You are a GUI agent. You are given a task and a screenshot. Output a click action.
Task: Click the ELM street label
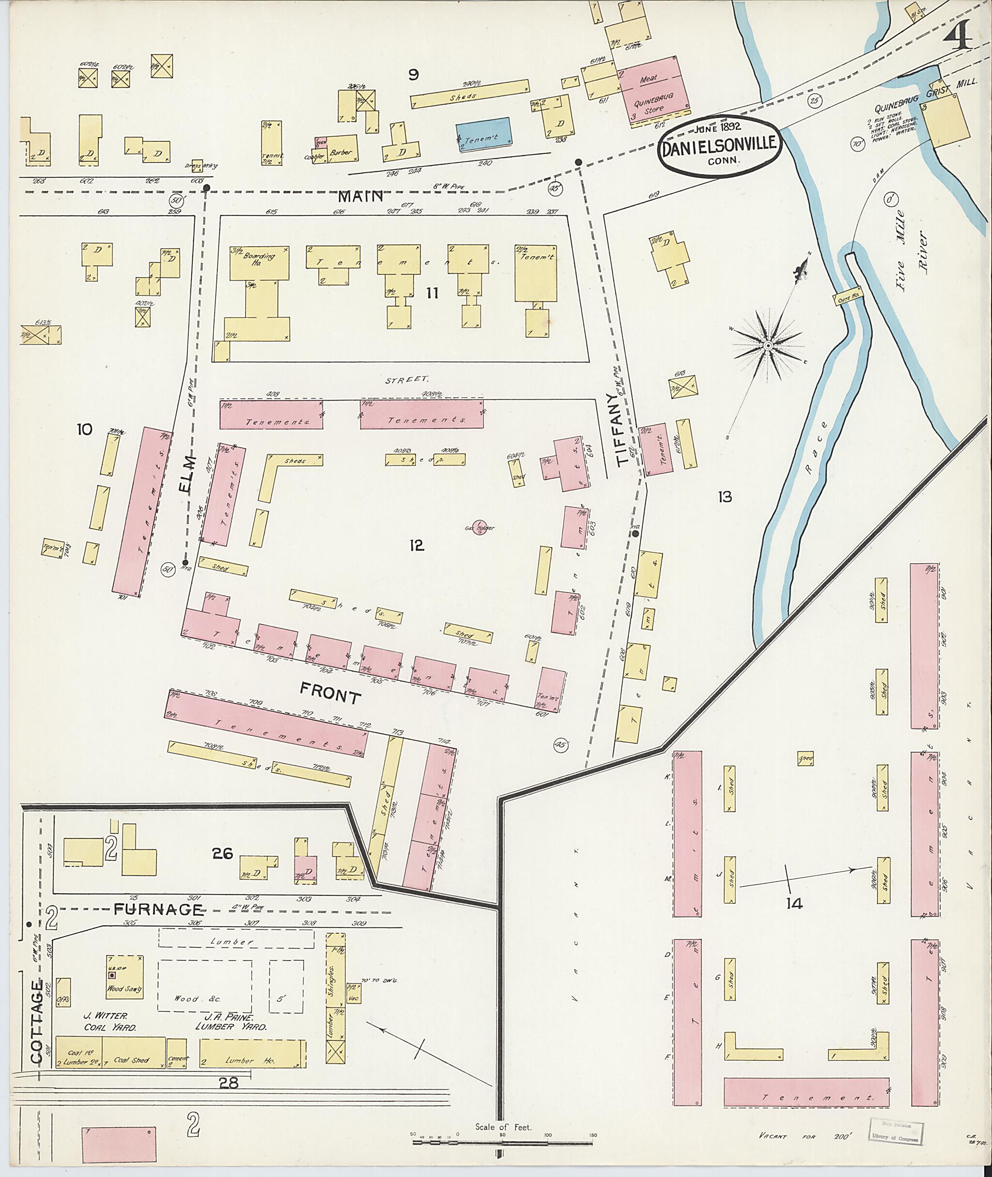[189, 474]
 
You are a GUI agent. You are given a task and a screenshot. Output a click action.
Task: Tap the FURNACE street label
[158, 909]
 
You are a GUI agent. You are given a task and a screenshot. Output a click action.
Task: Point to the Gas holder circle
[479, 526]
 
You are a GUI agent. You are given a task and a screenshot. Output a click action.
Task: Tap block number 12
[416, 545]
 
